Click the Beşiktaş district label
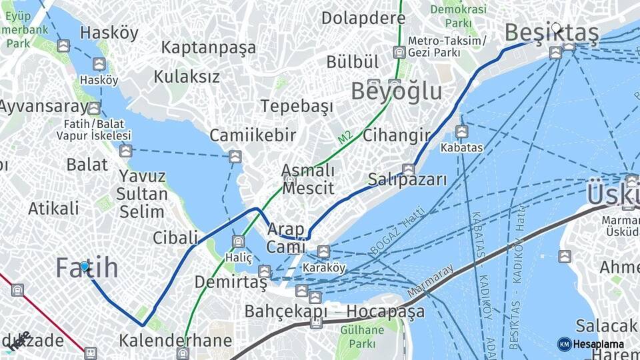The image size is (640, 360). pyautogui.click(x=551, y=33)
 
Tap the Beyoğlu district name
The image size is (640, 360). pyautogui.click(x=396, y=91)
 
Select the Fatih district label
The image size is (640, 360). pyautogui.click(x=87, y=268)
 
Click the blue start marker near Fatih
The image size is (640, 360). pyautogui.click(x=85, y=267)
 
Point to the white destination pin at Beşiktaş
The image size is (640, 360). pyautogui.click(x=556, y=29)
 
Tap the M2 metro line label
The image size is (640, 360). pyautogui.click(x=345, y=138)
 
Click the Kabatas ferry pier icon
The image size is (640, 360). pyautogui.click(x=461, y=131)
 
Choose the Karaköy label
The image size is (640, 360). pyautogui.click(x=324, y=268)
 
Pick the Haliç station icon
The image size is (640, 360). pyautogui.click(x=238, y=241)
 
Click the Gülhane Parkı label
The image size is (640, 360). pyautogui.click(x=362, y=337)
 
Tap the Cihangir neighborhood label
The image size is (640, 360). pyautogui.click(x=396, y=136)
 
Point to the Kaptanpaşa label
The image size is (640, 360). pyautogui.click(x=208, y=48)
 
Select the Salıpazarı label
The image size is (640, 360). pyautogui.click(x=407, y=180)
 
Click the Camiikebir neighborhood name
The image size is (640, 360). pyautogui.click(x=253, y=135)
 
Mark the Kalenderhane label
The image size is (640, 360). pyautogui.click(x=175, y=341)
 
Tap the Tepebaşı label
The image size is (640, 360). pyautogui.click(x=297, y=106)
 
